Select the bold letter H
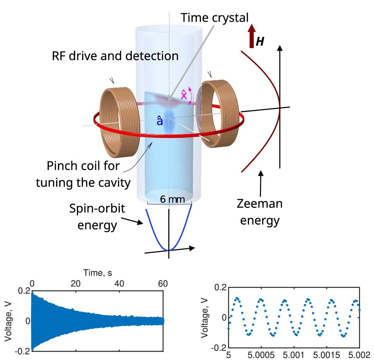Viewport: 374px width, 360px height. point(260,42)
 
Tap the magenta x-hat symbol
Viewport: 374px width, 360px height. point(184,94)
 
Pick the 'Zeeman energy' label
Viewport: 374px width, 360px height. point(259,212)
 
